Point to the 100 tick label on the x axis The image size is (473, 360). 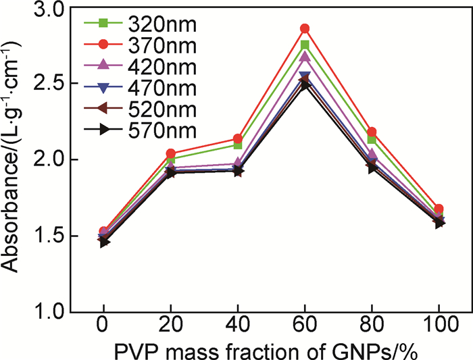[439, 328]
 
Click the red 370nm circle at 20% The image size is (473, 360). [170, 154]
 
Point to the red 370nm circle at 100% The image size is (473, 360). [439, 209]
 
